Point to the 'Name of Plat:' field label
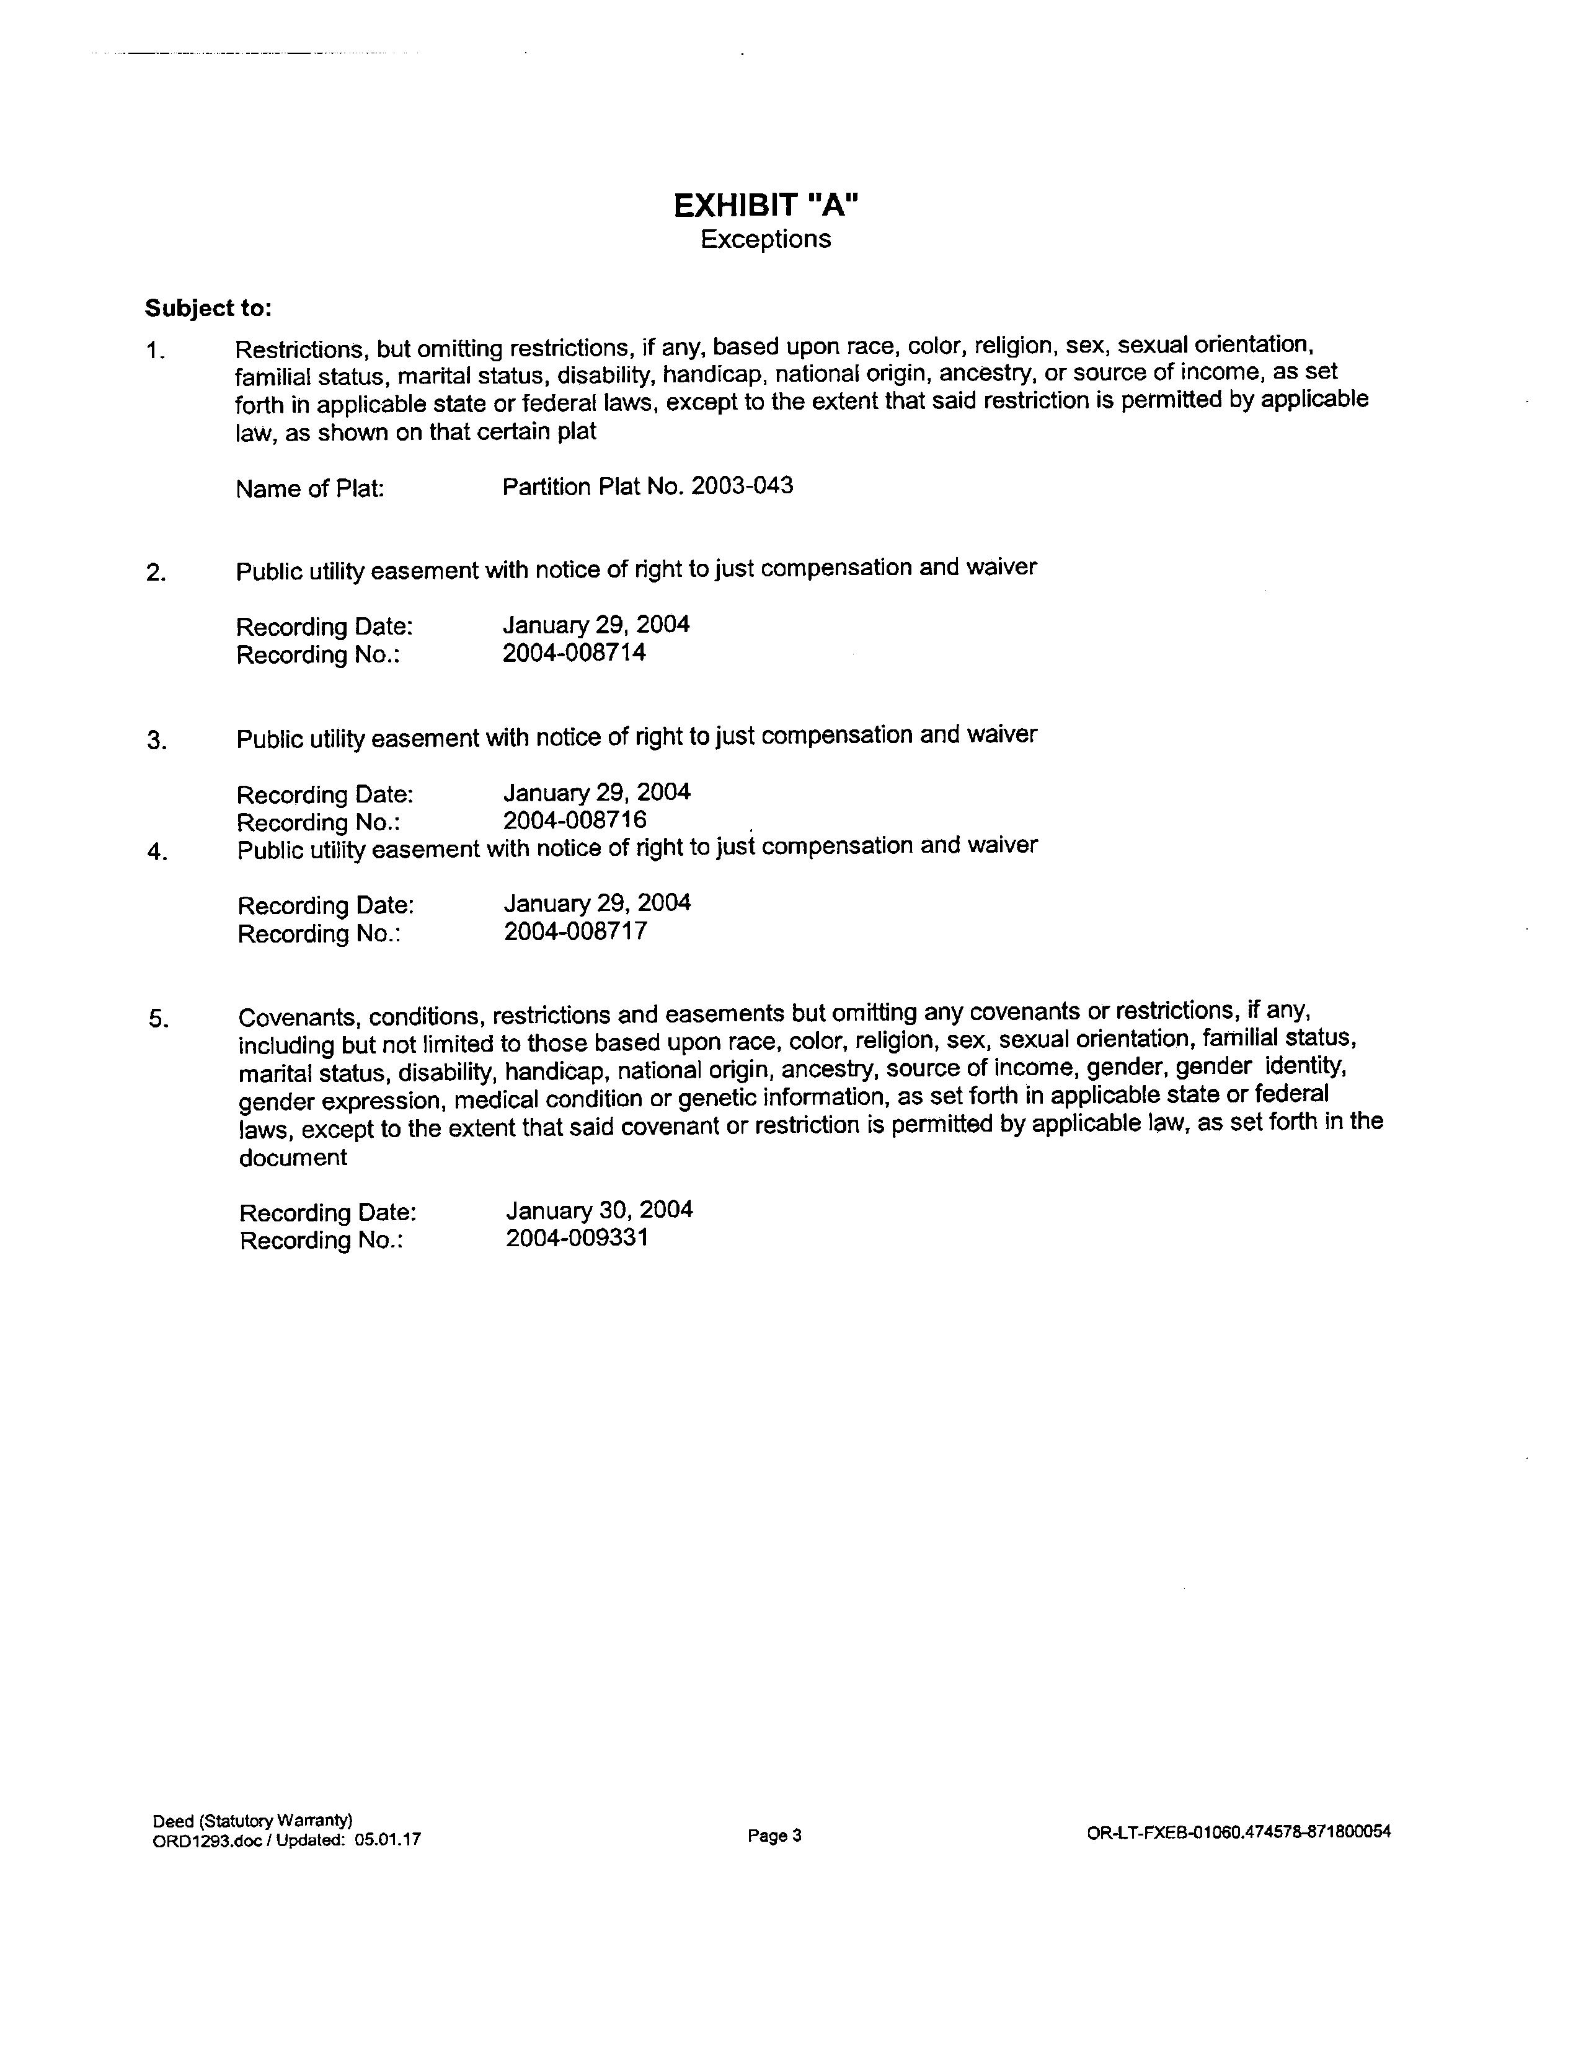click(x=310, y=489)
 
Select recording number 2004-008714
click(x=574, y=653)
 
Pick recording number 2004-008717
click(x=575, y=931)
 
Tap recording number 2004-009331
click(x=577, y=1238)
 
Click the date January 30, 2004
click(x=600, y=1210)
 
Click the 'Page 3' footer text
click(x=774, y=1836)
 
